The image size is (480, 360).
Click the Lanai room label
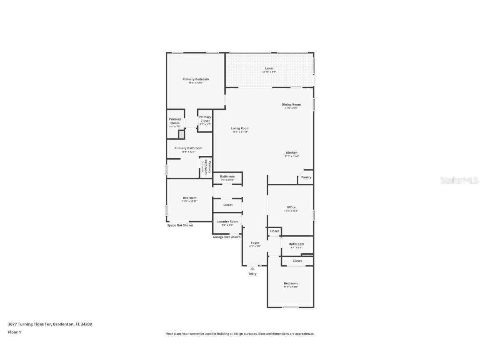point(269,68)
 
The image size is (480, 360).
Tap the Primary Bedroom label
point(195,79)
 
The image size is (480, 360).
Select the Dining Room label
point(291,105)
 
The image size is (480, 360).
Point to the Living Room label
point(240,128)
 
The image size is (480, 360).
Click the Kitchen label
point(291,152)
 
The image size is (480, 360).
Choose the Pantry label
point(306,177)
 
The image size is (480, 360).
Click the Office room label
point(291,207)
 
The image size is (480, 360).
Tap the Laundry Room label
point(227,222)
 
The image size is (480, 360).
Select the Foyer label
point(255,242)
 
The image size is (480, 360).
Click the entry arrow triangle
point(252,269)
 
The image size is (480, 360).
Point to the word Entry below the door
point(252,274)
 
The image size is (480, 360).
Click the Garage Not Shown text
point(227,237)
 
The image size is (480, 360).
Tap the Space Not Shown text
point(180,225)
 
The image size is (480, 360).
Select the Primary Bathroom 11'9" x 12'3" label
point(188,148)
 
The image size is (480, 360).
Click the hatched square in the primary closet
point(181,135)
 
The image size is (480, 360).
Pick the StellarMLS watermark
point(459,180)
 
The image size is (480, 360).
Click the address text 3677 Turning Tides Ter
point(30,324)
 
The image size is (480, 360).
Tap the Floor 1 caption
point(14,332)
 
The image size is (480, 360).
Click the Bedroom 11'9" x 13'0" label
point(290,283)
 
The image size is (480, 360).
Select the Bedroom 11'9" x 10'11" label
point(189,198)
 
